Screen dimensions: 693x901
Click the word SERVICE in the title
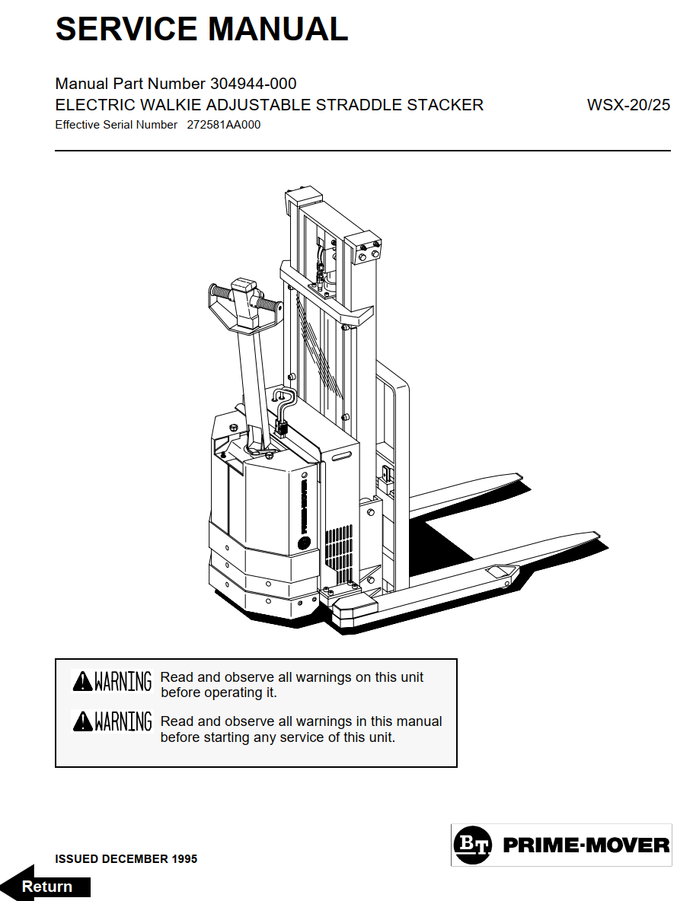[126, 29]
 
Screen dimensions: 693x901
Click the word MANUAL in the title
[278, 29]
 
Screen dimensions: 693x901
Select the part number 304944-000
[253, 84]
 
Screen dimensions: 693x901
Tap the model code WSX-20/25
[628, 105]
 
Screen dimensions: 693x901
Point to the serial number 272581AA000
[224, 125]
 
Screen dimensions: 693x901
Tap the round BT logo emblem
[472, 845]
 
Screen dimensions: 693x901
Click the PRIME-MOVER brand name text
[586, 845]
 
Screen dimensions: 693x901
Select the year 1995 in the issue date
[184, 859]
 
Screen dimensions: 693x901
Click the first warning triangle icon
[83, 681]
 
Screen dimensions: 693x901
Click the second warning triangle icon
[83, 721]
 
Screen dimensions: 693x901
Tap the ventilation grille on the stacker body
[339, 553]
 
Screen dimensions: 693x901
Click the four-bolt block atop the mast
[363, 247]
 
